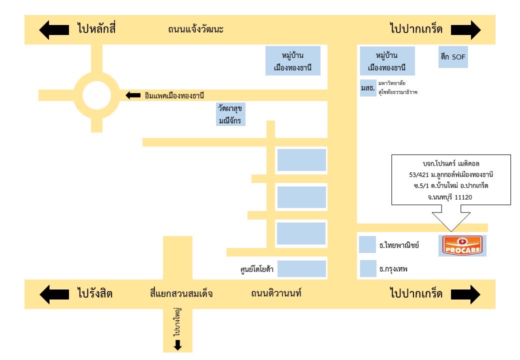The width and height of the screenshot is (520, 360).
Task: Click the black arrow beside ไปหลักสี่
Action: [54, 29]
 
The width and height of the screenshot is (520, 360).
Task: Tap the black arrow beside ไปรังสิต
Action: [54, 293]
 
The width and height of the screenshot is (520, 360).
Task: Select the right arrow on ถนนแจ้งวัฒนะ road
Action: [465, 29]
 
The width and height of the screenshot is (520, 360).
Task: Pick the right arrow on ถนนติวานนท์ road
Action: [465, 293]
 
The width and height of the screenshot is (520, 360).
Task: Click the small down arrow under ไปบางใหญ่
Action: [177, 345]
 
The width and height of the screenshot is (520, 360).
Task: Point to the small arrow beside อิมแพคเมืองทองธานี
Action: [133, 95]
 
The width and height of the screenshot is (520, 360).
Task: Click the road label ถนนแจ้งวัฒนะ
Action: [195, 29]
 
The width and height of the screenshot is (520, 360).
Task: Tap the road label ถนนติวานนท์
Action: [276, 293]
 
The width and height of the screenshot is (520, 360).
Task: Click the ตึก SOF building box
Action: [451, 57]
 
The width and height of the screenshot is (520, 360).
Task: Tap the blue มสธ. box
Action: [367, 88]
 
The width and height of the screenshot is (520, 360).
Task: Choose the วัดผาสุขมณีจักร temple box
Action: [230, 114]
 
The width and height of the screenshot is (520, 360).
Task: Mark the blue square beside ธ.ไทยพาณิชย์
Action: [367, 245]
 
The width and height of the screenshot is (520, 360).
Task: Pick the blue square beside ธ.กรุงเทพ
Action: [367, 268]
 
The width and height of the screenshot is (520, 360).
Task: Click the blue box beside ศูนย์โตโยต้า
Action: [302, 269]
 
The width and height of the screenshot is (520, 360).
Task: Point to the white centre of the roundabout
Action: [96, 95]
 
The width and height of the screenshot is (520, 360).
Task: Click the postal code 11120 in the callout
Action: [463, 197]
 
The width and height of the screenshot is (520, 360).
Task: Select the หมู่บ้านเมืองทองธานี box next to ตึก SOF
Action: [386, 61]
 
